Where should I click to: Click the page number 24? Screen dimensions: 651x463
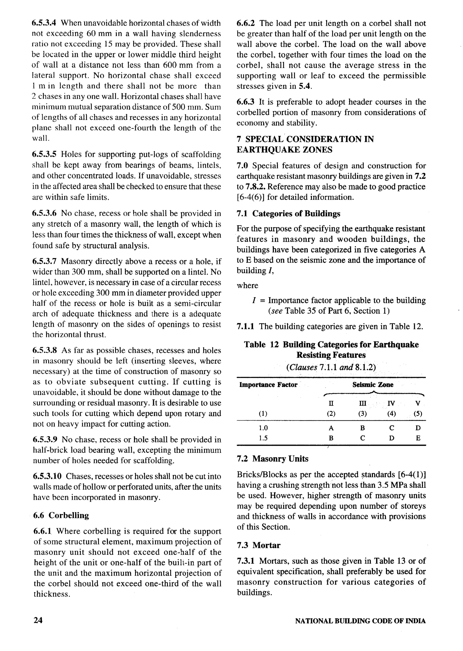[38, 620]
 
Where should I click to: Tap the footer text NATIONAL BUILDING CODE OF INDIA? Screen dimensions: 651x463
[360, 621]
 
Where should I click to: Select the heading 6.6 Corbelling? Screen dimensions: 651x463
[61, 515]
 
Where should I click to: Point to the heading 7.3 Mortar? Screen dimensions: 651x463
[259, 545]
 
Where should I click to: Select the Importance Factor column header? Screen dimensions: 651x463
[268, 385]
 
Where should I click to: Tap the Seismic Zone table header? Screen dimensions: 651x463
[373, 385]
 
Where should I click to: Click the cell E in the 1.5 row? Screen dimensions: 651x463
[418, 438]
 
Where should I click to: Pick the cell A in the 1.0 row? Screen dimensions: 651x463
[331, 428]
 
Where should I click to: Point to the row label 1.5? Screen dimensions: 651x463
[263, 438]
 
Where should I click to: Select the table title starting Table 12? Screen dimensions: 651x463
[331, 350]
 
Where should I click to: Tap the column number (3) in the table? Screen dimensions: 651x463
[362, 414]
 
